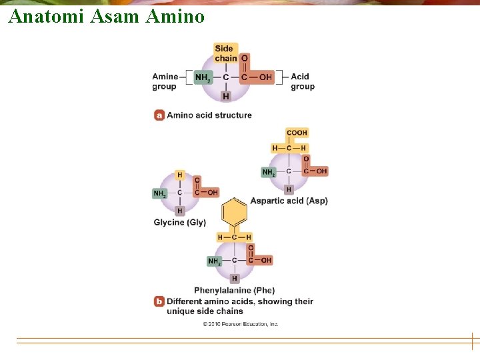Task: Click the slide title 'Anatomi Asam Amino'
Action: (x=107, y=16)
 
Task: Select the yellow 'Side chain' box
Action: (x=225, y=53)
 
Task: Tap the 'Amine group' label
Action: (x=165, y=81)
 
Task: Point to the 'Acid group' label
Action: (x=303, y=81)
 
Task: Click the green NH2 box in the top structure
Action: (x=203, y=77)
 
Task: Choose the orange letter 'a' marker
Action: (x=159, y=115)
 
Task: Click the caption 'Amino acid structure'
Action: (x=209, y=115)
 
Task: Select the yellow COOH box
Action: (x=297, y=133)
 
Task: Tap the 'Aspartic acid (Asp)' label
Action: (x=289, y=201)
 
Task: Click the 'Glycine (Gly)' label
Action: (x=180, y=223)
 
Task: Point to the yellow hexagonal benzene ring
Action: (x=235, y=212)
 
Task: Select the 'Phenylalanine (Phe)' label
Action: (x=234, y=291)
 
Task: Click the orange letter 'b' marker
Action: (x=159, y=301)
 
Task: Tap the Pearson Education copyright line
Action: (x=241, y=324)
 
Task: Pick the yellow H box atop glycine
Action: (x=179, y=175)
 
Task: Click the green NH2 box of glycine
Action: (x=160, y=193)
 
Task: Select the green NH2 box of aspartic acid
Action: (x=269, y=172)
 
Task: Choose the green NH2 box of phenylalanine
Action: (x=214, y=261)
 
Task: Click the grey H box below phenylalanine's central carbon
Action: (x=234, y=278)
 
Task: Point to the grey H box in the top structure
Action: (x=226, y=96)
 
